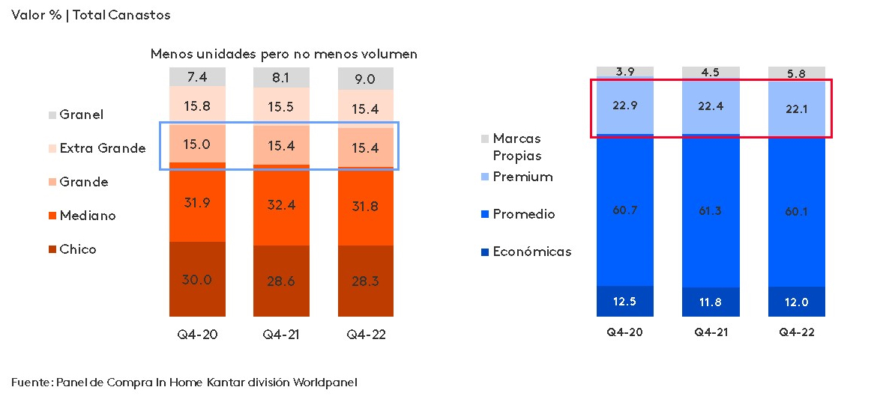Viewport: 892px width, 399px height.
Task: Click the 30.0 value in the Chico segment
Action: point(197,279)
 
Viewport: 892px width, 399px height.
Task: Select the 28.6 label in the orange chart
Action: point(281,281)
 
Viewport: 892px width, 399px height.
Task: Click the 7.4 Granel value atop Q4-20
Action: point(197,76)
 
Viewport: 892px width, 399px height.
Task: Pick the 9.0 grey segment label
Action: point(365,79)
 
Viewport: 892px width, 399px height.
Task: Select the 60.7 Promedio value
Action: point(625,210)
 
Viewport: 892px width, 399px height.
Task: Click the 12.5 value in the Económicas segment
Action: point(625,302)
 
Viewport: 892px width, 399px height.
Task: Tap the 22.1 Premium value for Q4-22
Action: point(796,109)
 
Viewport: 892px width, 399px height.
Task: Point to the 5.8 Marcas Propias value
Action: point(796,74)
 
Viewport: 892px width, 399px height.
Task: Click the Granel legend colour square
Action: point(52,115)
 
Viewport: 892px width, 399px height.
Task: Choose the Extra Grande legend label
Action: point(102,148)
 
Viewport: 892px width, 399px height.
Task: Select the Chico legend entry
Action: point(78,249)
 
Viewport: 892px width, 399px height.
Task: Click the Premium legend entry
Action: point(522,177)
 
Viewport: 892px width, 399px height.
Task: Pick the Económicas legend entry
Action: point(531,252)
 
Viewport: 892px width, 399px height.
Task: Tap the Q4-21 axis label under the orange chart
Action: point(281,335)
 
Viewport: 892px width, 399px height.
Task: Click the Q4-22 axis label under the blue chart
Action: point(796,332)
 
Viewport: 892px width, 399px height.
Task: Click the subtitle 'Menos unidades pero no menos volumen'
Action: point(283,54)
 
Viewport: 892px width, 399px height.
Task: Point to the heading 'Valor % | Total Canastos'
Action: point(91,15)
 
